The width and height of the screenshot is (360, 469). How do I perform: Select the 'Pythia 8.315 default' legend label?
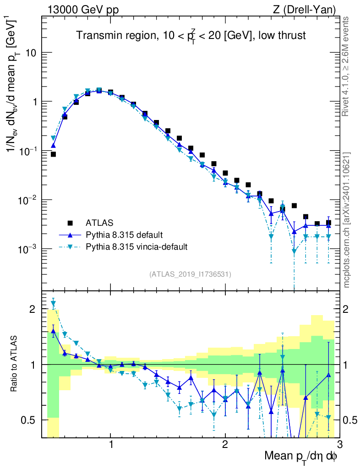pyautogui.click(x=124, y=235)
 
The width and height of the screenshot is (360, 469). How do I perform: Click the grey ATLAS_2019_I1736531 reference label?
pyautogui.click(x=190, y=274)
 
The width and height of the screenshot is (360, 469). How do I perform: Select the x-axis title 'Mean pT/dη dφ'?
pyautogui.click(x=301, y=456)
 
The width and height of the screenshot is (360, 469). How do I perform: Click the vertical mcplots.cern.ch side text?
pyautogui.click(x=347, y=220)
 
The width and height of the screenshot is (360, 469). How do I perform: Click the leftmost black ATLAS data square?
pyautogui.click(x=53, y=154)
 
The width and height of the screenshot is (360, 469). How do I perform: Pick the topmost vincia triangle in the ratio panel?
pyautogui.click(x=53, y=303)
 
